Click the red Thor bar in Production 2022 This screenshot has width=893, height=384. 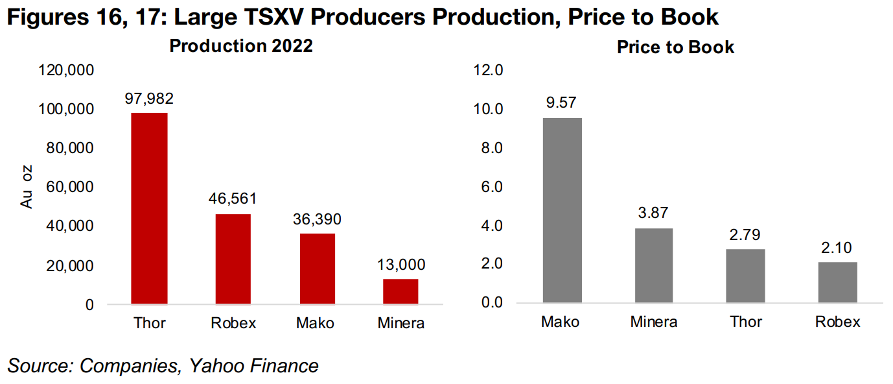(149, 208)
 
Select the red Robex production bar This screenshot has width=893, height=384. (233, 259)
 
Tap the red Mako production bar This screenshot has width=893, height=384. (317, 269)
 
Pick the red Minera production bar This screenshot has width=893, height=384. (400, 291)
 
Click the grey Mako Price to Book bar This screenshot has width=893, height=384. (562, 210)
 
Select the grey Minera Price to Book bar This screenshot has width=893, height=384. (654, 265)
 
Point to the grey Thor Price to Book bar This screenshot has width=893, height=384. (745, 276)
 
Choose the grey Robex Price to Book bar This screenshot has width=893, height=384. (837, 282)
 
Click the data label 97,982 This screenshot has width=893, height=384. (149, 99)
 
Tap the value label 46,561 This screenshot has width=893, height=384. (233, 199)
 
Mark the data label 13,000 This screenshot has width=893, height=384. (400, 264)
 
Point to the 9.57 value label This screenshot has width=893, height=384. (562, 102)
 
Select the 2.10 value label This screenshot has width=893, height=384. (837, 247)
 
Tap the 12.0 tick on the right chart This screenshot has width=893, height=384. (489, 70)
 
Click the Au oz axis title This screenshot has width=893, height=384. (27, 187)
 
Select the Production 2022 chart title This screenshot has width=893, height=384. (241, 46)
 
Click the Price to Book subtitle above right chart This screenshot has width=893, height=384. (675, 47)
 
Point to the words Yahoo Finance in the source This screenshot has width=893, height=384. (253, 366)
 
